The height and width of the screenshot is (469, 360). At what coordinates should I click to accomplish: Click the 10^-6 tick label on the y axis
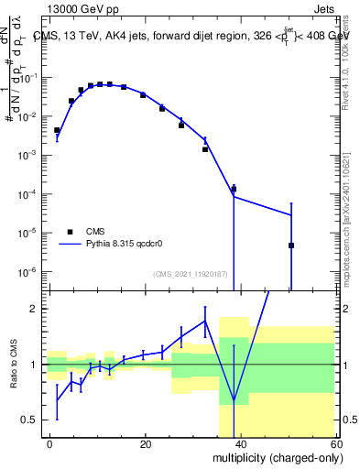point(29,271)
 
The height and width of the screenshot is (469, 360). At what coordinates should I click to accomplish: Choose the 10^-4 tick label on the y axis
point(29,194)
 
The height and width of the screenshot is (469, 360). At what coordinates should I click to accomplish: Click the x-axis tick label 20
point(145,443)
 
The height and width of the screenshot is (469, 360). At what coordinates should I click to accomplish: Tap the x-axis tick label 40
point(240,443)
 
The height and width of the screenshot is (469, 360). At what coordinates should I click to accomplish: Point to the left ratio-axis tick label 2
point(33,309)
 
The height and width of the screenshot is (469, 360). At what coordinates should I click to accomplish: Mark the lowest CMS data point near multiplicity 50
point(291,245)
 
